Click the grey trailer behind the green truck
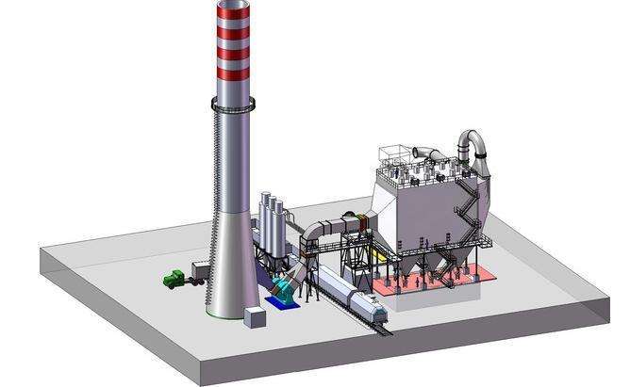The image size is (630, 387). pos(200,270)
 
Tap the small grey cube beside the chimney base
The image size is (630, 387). pos(253,317)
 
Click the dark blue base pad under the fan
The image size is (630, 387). pos(281,301)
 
